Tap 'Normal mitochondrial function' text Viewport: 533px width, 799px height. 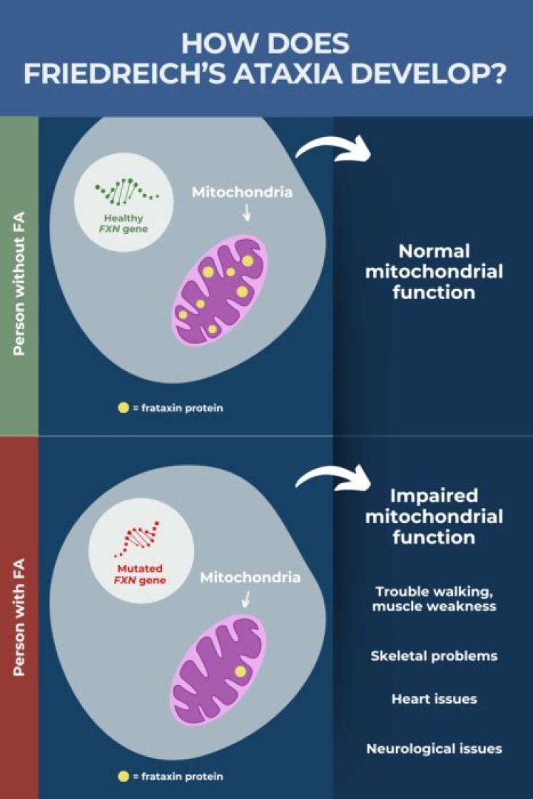(434, 272)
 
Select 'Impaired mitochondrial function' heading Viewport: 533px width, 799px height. (434, 515)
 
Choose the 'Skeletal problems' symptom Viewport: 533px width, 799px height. (434, 656)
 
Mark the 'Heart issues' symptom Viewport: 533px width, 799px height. (434, 698)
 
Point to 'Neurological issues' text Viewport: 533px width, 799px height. (434, 749)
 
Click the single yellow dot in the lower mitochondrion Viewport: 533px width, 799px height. (240, 672)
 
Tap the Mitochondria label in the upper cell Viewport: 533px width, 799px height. (242, 193)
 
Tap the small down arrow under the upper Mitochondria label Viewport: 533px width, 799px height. (247, 214)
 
